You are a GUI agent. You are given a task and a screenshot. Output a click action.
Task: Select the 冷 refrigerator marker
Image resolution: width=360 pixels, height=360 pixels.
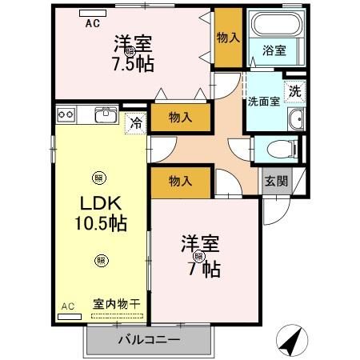pyautogui.click(x=136, y=123)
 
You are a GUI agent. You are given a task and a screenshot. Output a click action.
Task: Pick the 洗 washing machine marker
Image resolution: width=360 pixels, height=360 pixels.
pyautogui.click(x=295, y=91)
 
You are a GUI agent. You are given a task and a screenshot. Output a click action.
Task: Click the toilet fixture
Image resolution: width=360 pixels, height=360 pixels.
pyautogui.click(x=276, y=149)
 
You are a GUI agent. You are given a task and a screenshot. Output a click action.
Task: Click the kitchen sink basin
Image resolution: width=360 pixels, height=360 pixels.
pyautogui.click(x=106, y=116)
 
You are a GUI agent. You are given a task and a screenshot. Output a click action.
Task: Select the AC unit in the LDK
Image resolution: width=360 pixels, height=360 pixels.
pyautogui.click(x=70, y=315)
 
